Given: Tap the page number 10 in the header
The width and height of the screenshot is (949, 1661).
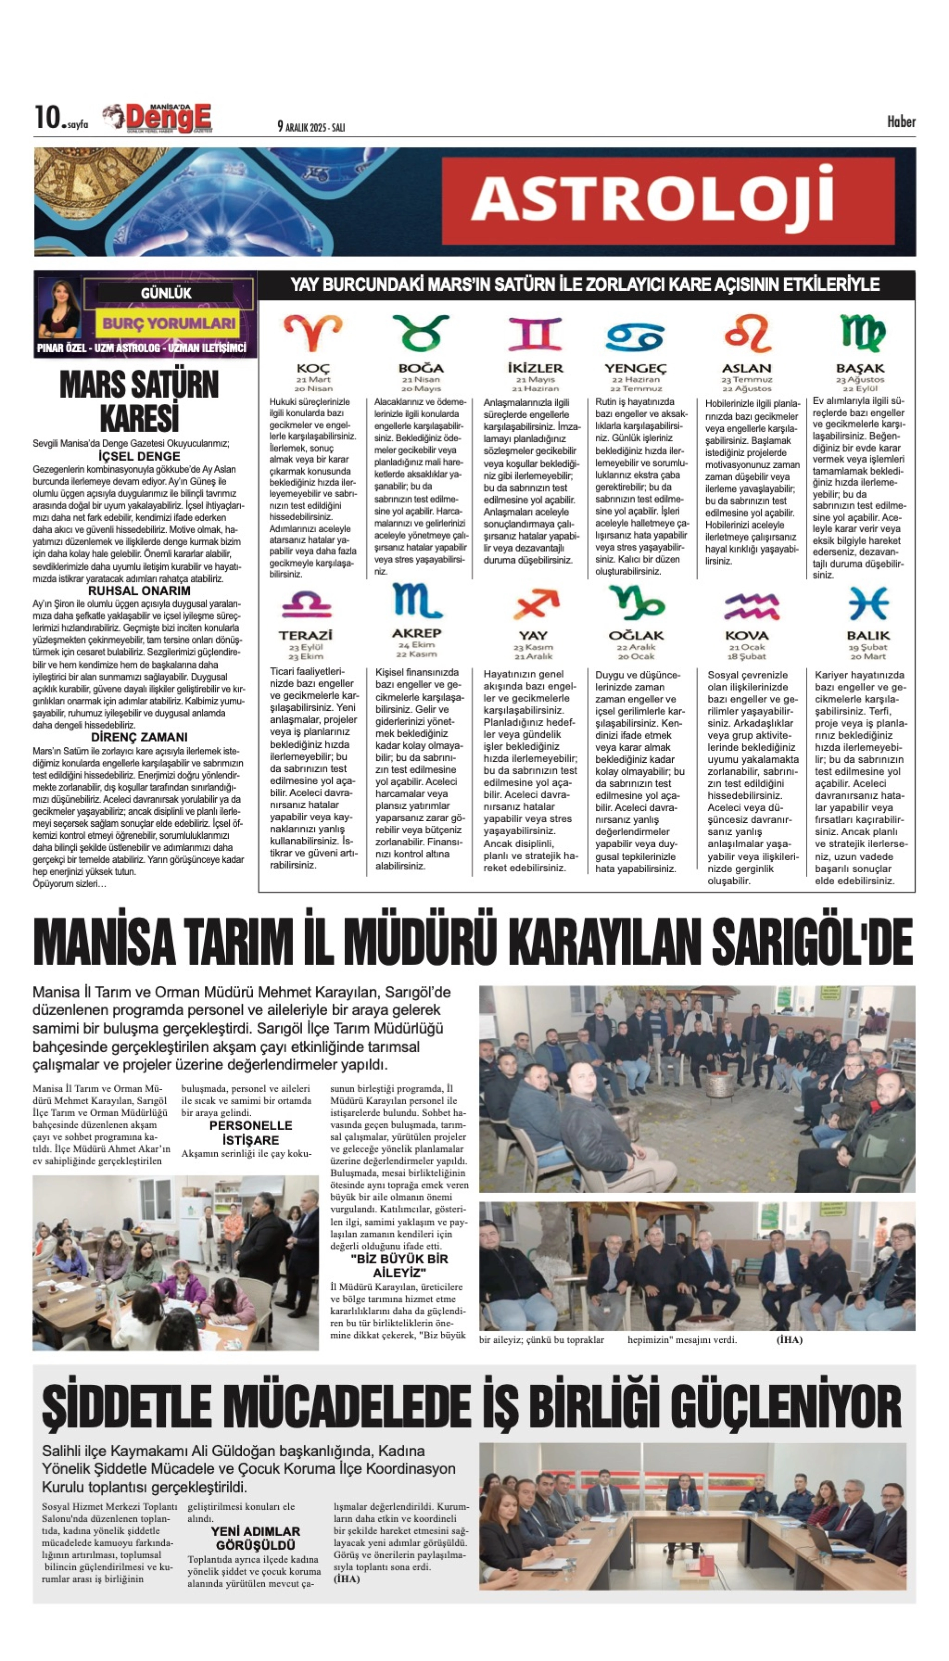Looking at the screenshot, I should (47, 118).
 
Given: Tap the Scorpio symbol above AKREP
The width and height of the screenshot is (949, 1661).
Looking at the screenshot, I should (417, 601).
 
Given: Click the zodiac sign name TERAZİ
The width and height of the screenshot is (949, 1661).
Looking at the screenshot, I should (306, 635).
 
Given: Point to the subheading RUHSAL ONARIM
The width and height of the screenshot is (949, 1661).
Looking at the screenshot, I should (139, 590).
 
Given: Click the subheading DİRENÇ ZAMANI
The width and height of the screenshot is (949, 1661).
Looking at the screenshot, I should (139, 737).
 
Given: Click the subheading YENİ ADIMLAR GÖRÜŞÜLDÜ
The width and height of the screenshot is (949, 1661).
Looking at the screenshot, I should (256, 1538).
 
